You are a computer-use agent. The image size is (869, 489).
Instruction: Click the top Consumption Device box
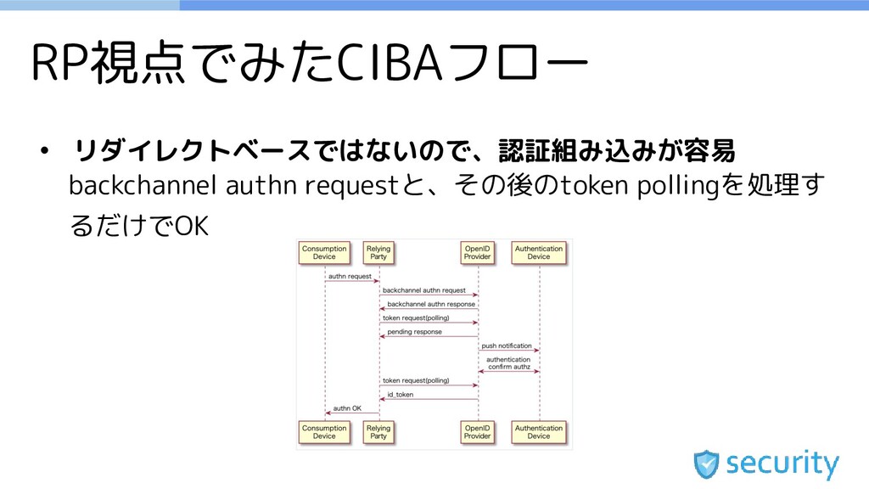(324, 252)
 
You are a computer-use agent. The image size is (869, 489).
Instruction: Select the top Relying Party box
(378, 252)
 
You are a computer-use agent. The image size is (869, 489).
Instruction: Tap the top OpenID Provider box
(477, 252)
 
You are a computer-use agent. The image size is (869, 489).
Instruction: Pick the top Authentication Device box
(539, 252)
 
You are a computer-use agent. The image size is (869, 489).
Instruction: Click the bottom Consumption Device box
(324, 432)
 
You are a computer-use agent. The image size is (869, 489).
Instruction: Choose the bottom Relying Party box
(378, 432)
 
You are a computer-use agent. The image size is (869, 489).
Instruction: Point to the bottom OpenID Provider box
(477, 432)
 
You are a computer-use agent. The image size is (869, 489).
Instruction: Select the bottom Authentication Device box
(539, 432)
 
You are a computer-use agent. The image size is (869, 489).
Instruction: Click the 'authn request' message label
(350, 276)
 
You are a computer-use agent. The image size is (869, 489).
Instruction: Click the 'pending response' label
(414, 332)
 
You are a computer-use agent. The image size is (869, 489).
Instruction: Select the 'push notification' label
(507, 346)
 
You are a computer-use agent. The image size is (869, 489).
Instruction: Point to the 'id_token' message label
(401, 394)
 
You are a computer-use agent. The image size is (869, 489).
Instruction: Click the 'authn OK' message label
(347, 408)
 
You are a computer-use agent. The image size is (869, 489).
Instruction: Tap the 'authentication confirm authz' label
(508, 363)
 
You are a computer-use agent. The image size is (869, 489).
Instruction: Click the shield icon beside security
(707, 464)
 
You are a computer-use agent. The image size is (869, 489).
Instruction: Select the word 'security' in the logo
(782, 464)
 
